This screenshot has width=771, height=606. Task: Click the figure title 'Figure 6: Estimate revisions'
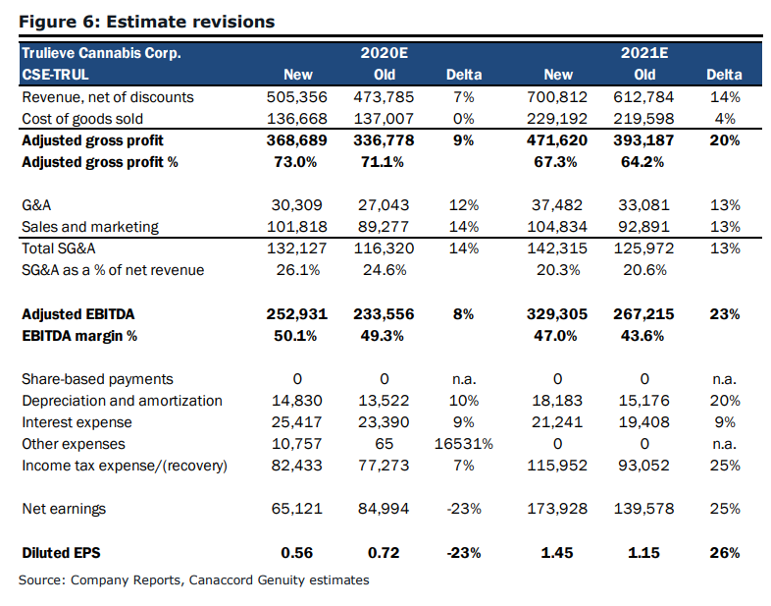[146, 22]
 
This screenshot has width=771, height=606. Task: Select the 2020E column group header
[384, 53]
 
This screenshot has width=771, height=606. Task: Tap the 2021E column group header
[644, 53]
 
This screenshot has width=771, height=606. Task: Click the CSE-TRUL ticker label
[55, 75]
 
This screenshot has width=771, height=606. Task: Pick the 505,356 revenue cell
[297, 97]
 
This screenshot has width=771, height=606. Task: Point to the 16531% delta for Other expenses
[464, 444]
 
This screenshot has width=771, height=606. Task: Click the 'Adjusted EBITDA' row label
[78, 314]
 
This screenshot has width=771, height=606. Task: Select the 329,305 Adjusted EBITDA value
[557, 314]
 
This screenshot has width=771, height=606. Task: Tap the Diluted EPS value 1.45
[557, 553]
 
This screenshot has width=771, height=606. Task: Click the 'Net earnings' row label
[64, 509]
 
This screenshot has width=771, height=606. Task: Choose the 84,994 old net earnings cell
[384, 509]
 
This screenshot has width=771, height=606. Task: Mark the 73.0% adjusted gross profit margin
[295, 162]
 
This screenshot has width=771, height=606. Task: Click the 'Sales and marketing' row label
[90, 227]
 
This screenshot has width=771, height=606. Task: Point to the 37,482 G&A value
[557, 205]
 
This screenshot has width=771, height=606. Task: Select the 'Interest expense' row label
[77, 422]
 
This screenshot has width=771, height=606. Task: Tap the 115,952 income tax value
[557, 466]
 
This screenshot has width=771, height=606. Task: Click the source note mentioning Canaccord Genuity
[194, 579]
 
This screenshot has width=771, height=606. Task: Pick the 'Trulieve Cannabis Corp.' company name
[101, 53]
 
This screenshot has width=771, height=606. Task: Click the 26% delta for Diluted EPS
[725, 553]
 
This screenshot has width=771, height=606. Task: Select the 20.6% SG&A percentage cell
[644, 270]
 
